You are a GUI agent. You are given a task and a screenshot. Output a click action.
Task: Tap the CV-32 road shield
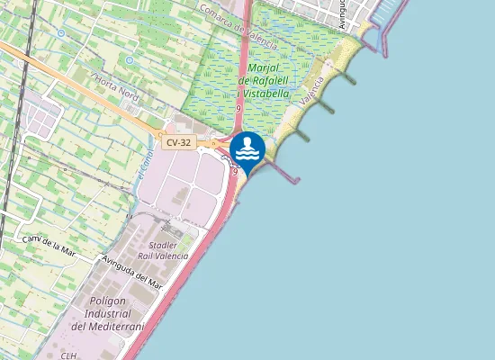pyautogui.click(x=178, y=143)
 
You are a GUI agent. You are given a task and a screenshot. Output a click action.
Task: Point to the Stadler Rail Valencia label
pyautogui.click(x=163, y=250)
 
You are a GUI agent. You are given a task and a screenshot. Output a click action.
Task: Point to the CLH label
pyautogui.click(x=69, y=355)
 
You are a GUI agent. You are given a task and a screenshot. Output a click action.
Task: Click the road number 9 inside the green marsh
pyautogui.click(x=238, y=108)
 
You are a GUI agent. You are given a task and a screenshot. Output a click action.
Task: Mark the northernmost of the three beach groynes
pyautogui.click(x=346, y=79)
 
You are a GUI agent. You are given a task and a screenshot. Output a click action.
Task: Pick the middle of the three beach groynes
pyautogui.click(x=324, y=108)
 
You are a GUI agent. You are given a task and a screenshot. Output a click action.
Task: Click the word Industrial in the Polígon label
pyautogui.click(x=109, y=314)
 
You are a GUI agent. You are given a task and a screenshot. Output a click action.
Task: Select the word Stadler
pyautogui.click(x=162, y=245)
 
